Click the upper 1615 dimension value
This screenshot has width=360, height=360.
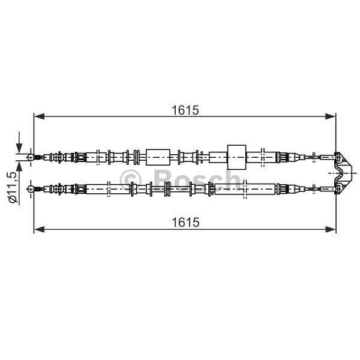pos(185,110)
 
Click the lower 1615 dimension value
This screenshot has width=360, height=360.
pos(185,222)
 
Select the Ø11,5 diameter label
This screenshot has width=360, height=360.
pos(13,187)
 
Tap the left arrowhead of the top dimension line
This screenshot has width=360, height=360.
pos(39,116)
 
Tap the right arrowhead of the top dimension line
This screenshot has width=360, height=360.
pos(331,116)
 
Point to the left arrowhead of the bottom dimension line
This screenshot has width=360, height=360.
pos(39,229)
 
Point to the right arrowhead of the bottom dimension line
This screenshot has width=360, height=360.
pos(331,229)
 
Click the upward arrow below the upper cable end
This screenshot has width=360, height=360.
pos(19,170)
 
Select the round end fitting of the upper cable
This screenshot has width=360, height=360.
pos(31,157)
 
